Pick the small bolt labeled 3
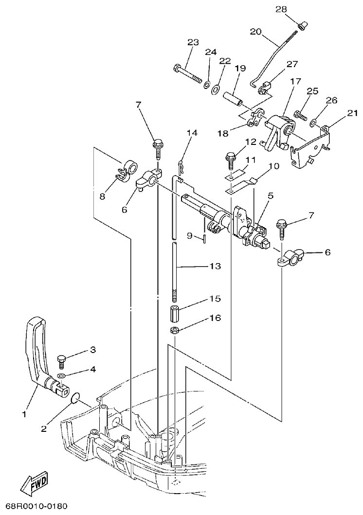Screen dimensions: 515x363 [x=62, y=360]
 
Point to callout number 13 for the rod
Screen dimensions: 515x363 [x=215, y=266]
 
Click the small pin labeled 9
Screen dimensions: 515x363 [x=205, y=237]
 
